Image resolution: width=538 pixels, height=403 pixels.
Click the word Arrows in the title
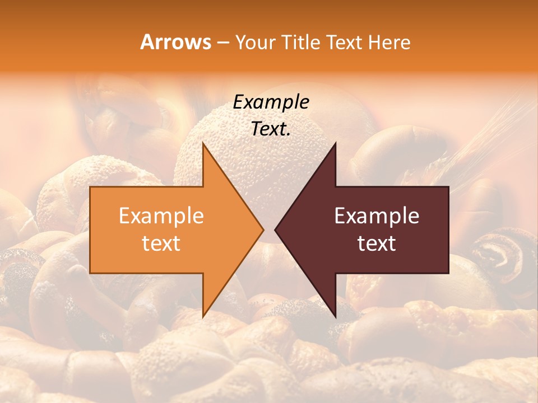175,42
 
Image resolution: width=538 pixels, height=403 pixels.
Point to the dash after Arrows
222,43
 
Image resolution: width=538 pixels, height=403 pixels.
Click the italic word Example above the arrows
271,102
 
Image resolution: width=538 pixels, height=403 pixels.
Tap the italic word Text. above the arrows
271,129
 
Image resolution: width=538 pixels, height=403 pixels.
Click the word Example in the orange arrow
161,216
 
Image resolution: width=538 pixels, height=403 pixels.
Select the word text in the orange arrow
161,243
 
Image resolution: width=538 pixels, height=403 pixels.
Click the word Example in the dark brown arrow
377,216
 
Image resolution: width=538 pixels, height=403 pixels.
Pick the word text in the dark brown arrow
377,243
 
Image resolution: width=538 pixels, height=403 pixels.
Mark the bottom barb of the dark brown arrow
335,313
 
